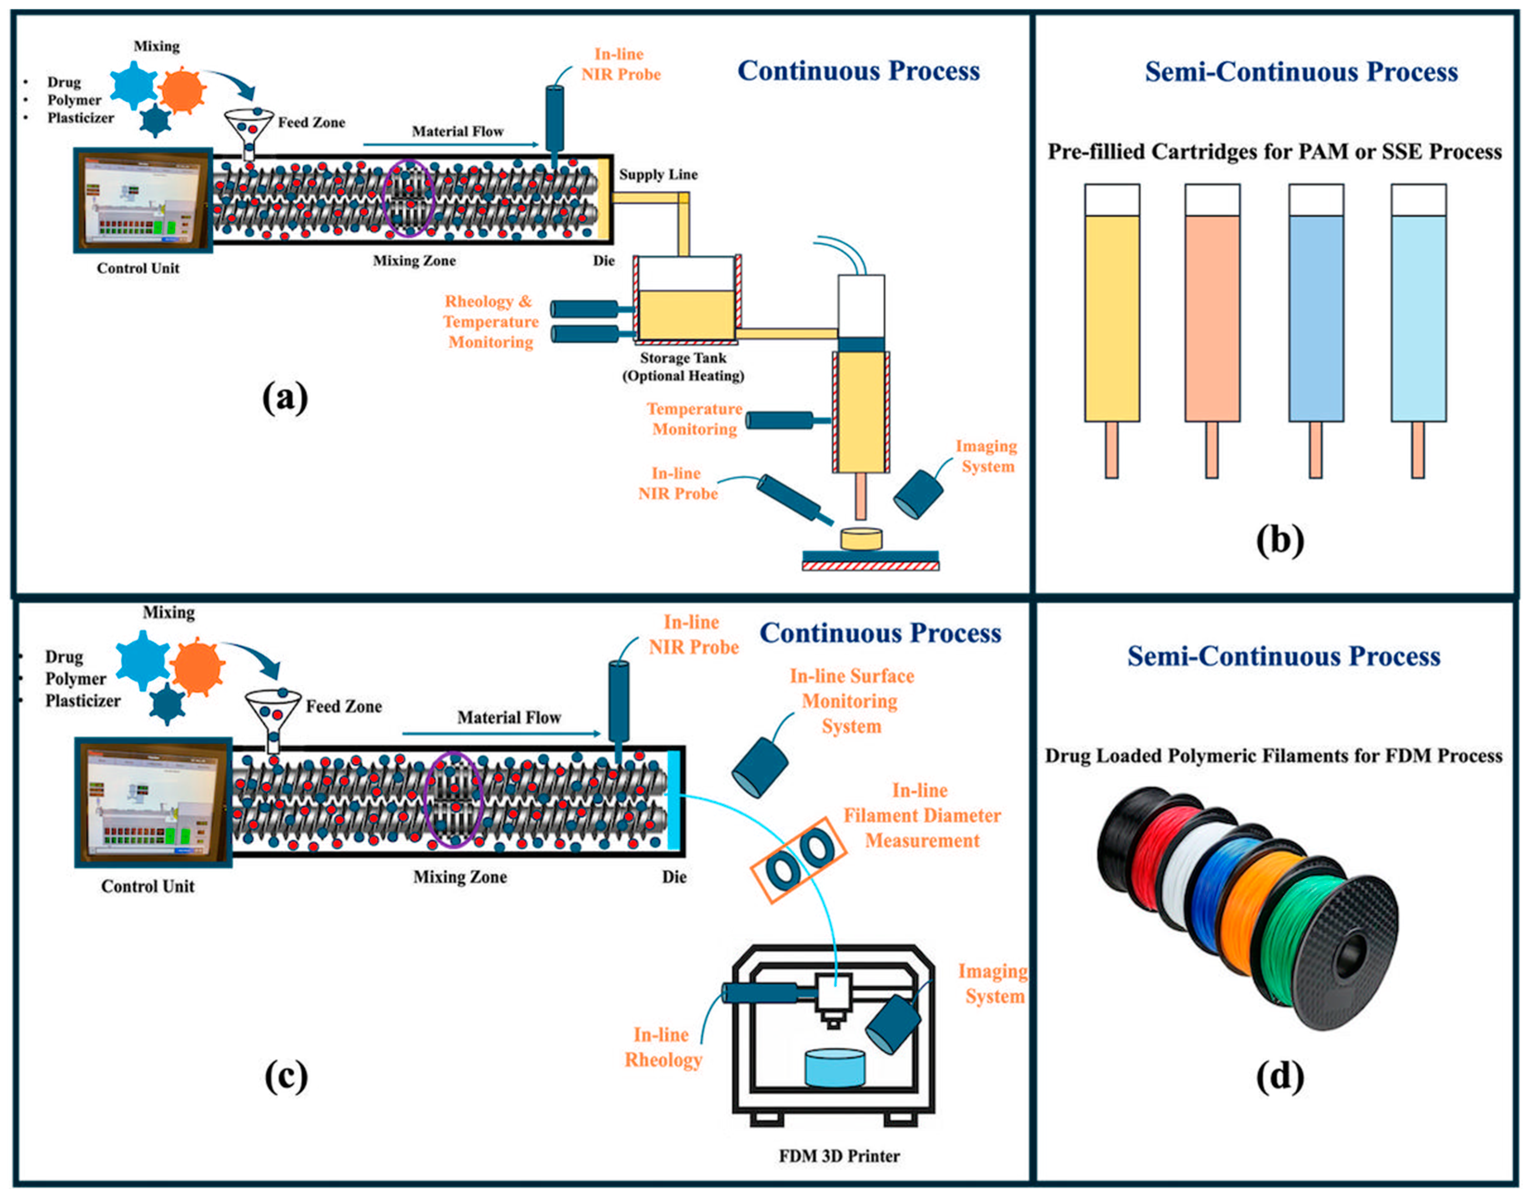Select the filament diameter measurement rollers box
798,859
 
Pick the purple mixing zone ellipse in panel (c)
455,799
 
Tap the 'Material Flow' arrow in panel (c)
502,734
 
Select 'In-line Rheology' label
663,1047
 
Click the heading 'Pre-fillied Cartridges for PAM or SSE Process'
1274,152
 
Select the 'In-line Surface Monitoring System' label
851,701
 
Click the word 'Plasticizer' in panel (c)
83,701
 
